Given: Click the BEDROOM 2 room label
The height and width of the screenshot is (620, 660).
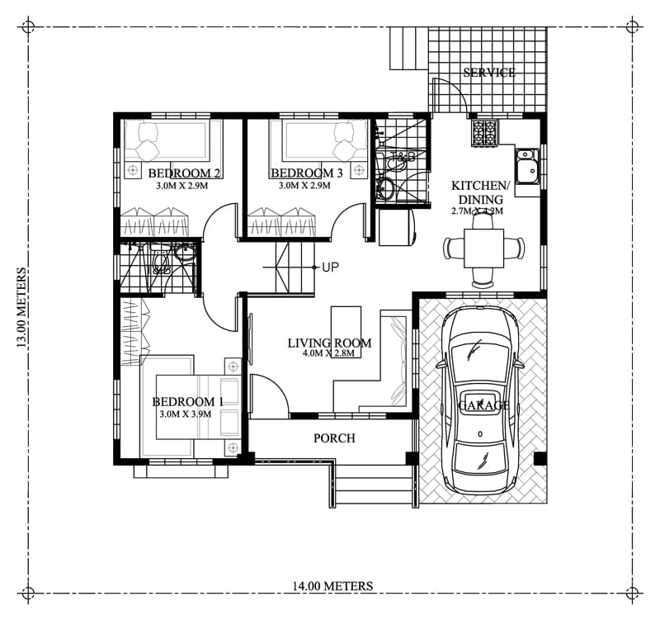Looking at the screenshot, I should (x=183, y=173).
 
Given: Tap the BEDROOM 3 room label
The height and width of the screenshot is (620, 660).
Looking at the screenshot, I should (x=307, y=173).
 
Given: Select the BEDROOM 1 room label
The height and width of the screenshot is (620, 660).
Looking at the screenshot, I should (x=187, y=402).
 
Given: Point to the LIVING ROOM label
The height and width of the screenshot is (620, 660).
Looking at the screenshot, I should (x=329, y=343).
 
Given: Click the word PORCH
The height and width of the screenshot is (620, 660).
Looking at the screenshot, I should (x=334, y=438).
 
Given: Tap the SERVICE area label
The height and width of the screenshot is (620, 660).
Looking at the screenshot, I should (x=488, y=73).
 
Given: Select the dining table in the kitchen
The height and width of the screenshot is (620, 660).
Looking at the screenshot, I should (x=483, y=247).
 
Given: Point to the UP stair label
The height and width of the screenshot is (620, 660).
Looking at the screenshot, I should (x=330, y=267).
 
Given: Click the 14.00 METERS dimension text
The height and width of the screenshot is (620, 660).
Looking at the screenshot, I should (x=332, y=586).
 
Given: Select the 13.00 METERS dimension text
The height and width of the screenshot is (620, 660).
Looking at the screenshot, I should (x=21, y=307).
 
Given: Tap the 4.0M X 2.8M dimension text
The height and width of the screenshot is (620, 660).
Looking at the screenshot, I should (x=328, y=354).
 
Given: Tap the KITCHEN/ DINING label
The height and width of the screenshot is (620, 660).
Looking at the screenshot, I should (x=477, y=192).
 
